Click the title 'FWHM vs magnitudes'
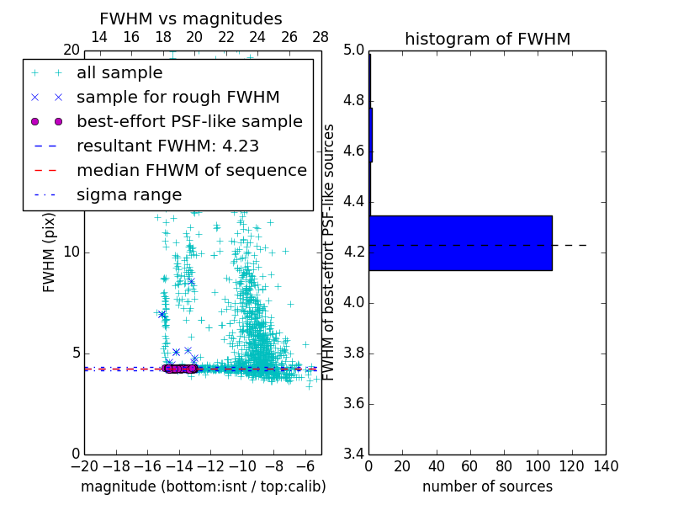click(x=191, y=19)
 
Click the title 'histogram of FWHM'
click(x=487, y=39)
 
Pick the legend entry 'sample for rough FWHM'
click(x=178, y=97)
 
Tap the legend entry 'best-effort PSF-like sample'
click(x=189, y=121)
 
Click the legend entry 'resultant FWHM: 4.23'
click(x=167, y=146)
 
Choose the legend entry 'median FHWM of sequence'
click(x=191, y=170)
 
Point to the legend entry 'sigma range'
click(x=129, y=194)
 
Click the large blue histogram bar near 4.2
click(x=460, y=242)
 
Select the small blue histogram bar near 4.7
click(x=370, y=135)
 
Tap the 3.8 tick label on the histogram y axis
click(x=352, y=353)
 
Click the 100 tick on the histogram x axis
click(x=538, y=465)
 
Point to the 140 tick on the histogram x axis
click(x=606, y=465)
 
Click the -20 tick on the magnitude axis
click(x=84, y=465)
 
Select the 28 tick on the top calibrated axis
click(x=321, y=37)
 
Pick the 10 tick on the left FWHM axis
click(x=72, y=252)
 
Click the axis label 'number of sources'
click(x=487, y=486)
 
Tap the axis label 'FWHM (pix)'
click(x=50, y=252)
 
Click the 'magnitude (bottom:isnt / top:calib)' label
click(x=203, y=486)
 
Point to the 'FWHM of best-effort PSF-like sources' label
click(x=330, y=252)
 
